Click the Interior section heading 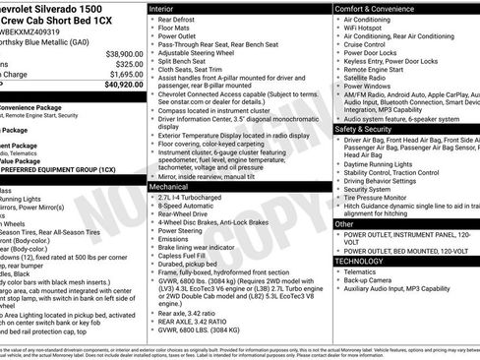click(x=167, y=8)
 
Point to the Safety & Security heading click(x=369, y=129)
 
